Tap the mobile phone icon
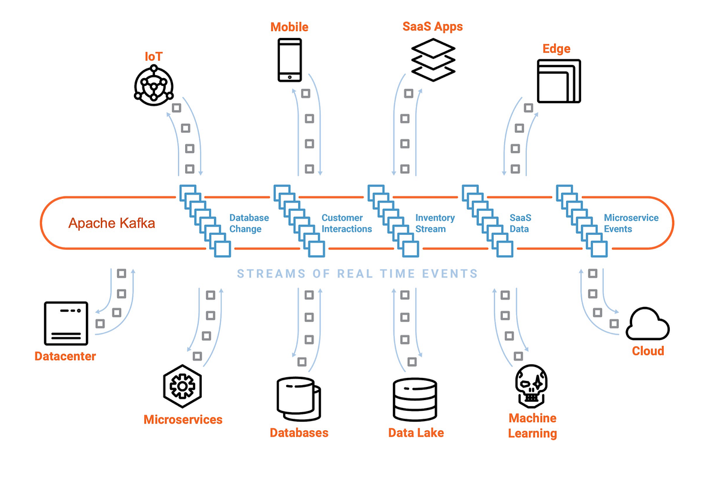[289, 59]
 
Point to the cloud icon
[648, 324]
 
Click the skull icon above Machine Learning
[532, 384]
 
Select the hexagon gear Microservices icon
[182, 385]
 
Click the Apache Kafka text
[112, 223]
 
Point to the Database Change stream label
[249, 223]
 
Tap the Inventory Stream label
[435, 223]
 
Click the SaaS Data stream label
[521, 223]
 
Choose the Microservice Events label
[631, 223]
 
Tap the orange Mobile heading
[289, 27]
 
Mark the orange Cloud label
[648, 351]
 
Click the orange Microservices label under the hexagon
[183, 419]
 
